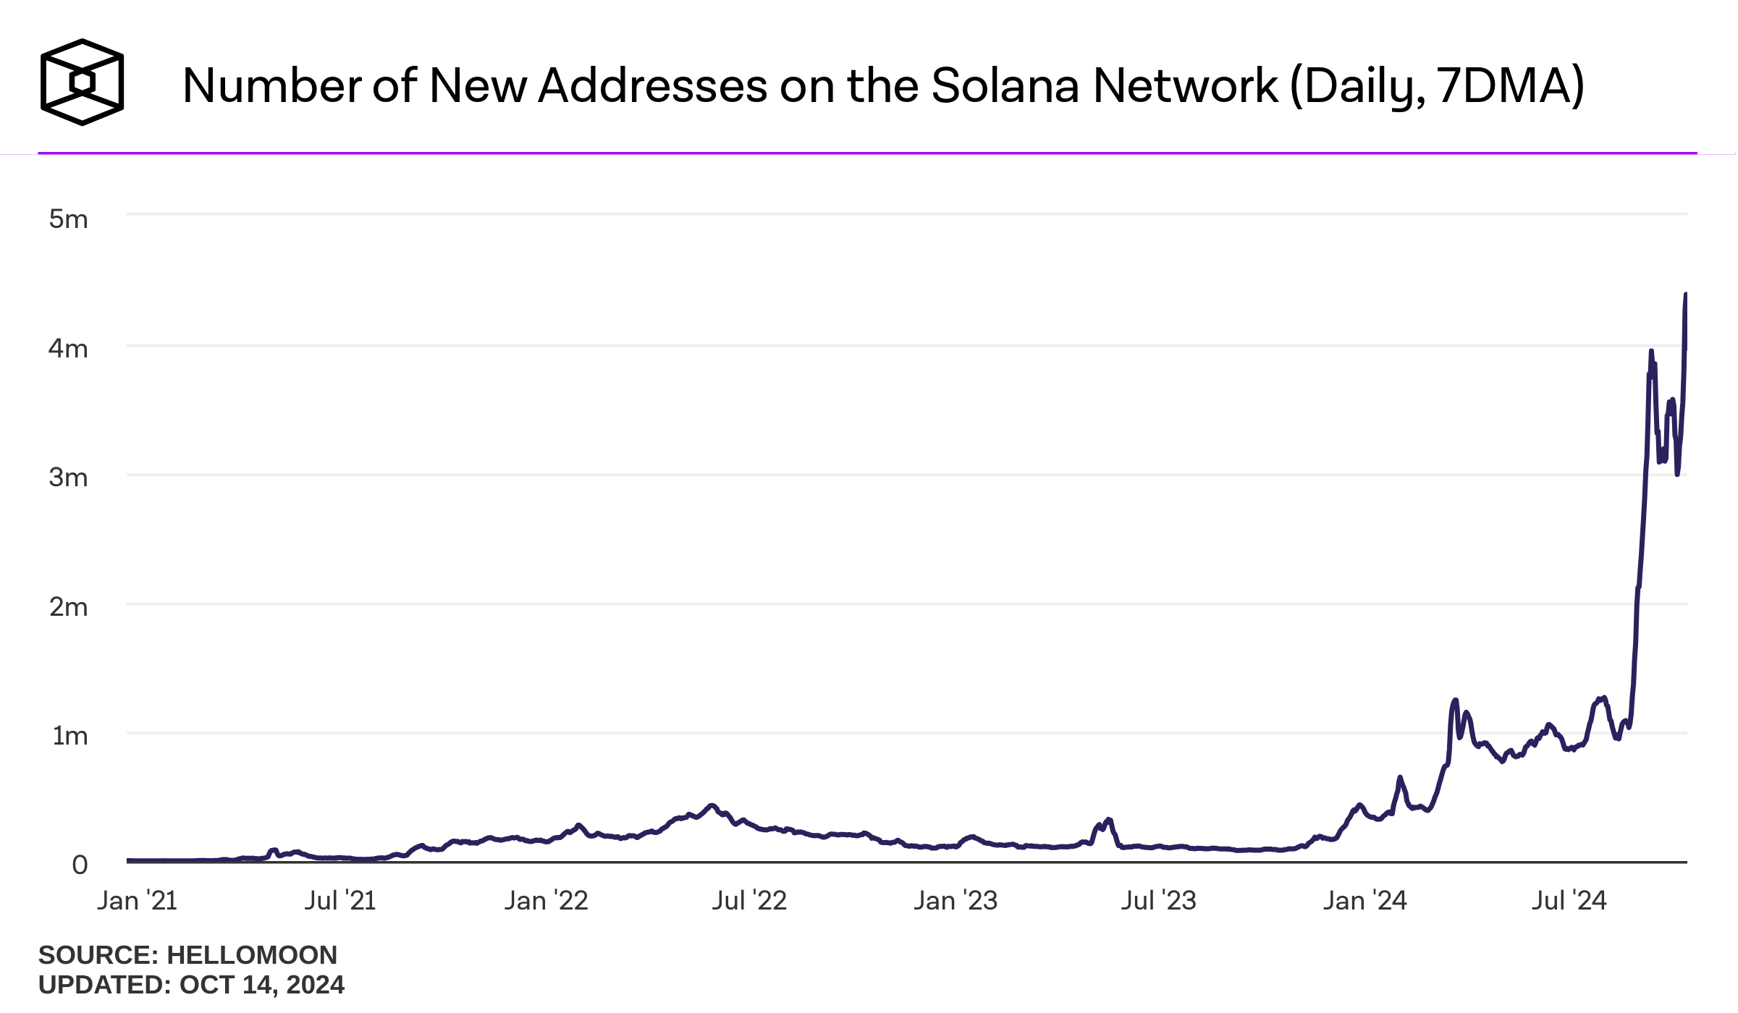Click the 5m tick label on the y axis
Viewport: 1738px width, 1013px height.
(68, 219)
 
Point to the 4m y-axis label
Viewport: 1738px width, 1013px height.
(68, 349)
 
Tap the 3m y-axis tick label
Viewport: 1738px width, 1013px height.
(68, 478)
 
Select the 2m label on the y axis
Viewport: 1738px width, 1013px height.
(68, 607)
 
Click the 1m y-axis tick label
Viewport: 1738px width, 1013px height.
(69, 736)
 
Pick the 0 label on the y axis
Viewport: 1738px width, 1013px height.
(80, 865)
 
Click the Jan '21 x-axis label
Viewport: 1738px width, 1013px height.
(138, 901)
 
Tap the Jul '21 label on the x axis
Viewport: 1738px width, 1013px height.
(340, 901)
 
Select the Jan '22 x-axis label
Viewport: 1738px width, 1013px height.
(546, 901)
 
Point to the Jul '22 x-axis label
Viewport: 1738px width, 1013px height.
(749, 901)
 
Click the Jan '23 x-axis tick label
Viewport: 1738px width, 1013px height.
(956, 901)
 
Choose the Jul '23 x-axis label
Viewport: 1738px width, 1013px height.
(1159, 901)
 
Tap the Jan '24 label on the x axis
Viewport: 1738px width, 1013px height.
(1365, 901)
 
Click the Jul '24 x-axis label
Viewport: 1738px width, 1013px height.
(1569, 901)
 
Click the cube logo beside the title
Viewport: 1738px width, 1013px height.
(82, 82)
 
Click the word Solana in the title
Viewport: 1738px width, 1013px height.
(1005, 86)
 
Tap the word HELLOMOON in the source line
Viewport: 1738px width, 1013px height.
(252, 955)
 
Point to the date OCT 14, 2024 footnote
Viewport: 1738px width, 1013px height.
(262, 985)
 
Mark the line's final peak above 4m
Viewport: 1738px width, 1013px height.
(1685, 294)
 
